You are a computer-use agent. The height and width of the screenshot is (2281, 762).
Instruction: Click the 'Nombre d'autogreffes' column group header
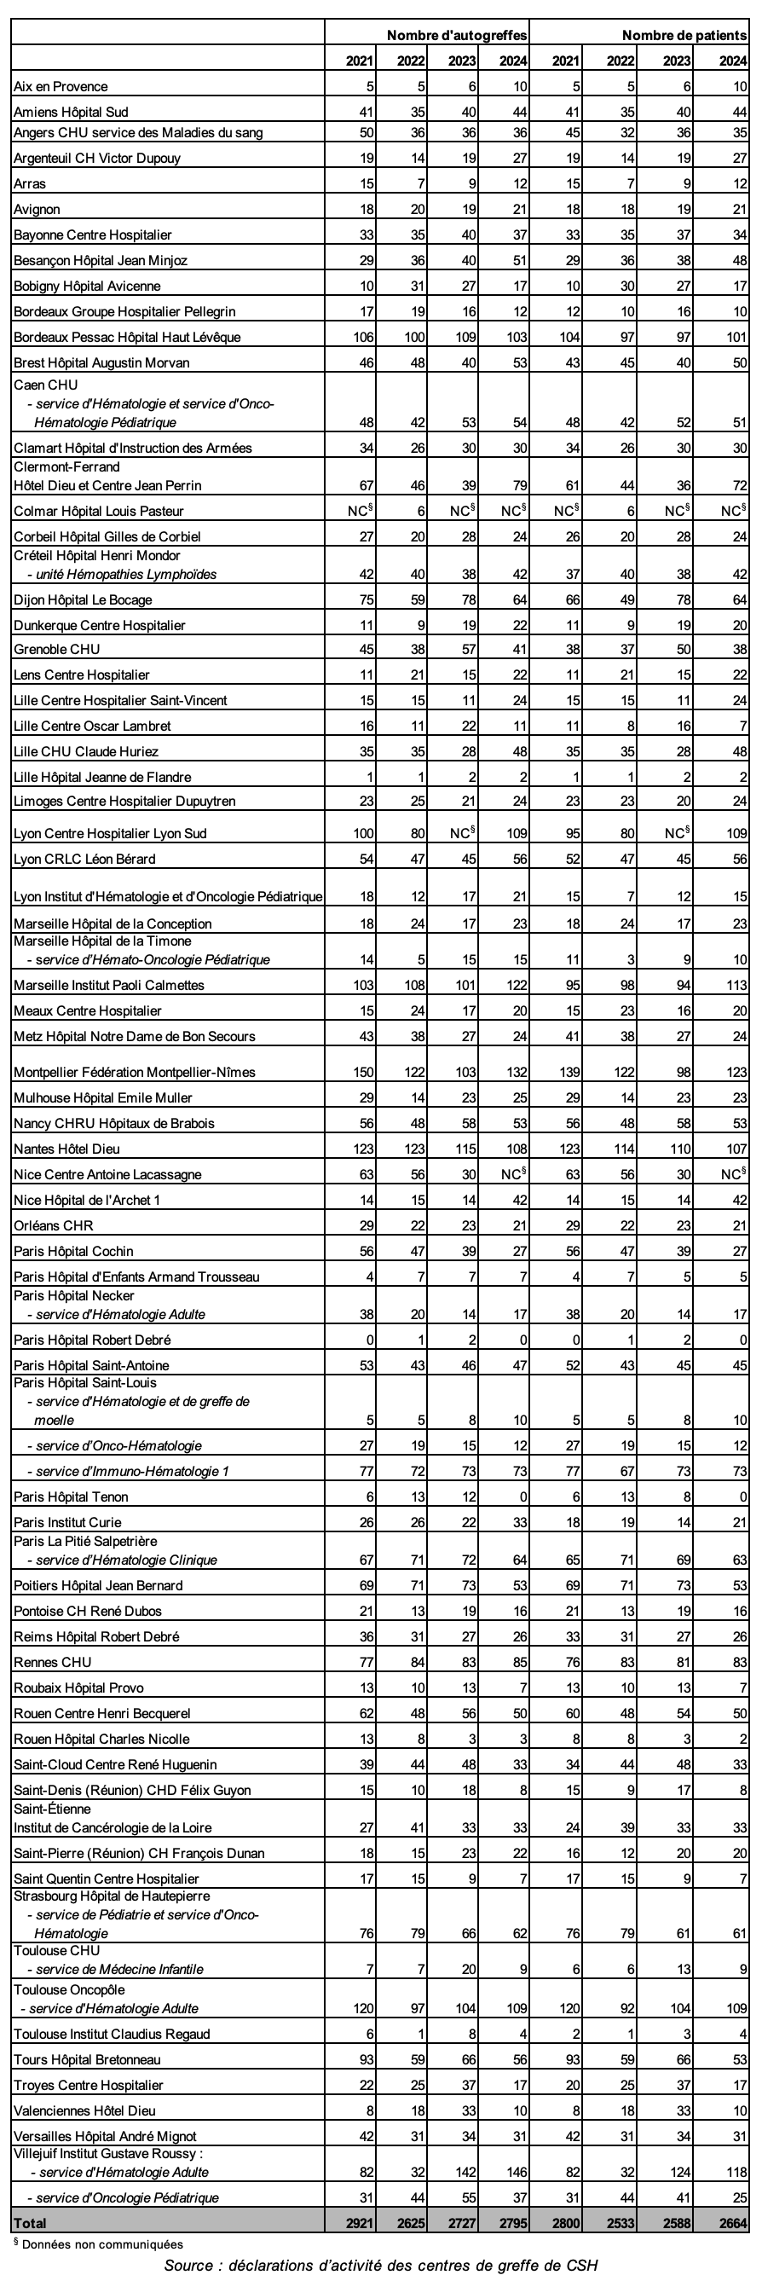click(x=457, y=36)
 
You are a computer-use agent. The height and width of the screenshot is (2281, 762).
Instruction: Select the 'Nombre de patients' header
click(x=684, y=36)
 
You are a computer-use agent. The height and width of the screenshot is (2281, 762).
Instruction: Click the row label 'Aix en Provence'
click(x=61, y=87)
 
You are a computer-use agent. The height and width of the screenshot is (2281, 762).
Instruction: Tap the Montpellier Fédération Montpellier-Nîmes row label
click(x=135, y=1073)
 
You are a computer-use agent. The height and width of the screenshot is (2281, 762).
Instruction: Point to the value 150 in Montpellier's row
click(x=363, y=1073)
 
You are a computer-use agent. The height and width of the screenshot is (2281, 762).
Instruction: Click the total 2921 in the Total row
click(x=361, y=2222)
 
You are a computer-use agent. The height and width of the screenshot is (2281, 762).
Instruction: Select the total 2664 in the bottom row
click(x=734, y=2222)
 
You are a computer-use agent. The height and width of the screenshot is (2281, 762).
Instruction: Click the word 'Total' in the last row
click(x=29, y=2222)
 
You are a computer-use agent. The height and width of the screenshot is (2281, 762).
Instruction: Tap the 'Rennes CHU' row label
click(x=52, y=1662)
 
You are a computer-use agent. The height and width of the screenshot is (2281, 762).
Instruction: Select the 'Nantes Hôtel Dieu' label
click(x=67, y=1149)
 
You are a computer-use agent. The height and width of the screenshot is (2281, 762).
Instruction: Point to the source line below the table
click(x=380, y=2265)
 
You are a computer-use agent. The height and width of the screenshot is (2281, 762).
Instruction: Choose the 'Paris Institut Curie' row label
click(x=68, y=1523)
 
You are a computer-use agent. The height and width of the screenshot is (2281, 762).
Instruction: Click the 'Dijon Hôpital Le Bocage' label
click(x=84, y=600)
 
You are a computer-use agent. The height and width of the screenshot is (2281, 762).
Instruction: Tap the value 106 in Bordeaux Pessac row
click(x=363, y=338)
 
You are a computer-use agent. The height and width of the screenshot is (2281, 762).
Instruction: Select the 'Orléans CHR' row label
click(x=53, y=1226)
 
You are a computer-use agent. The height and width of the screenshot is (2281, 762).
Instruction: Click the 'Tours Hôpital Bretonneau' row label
click(x=87, y=2059)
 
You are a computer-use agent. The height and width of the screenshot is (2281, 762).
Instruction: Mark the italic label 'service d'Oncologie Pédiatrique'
click(x=130, y=2197)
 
